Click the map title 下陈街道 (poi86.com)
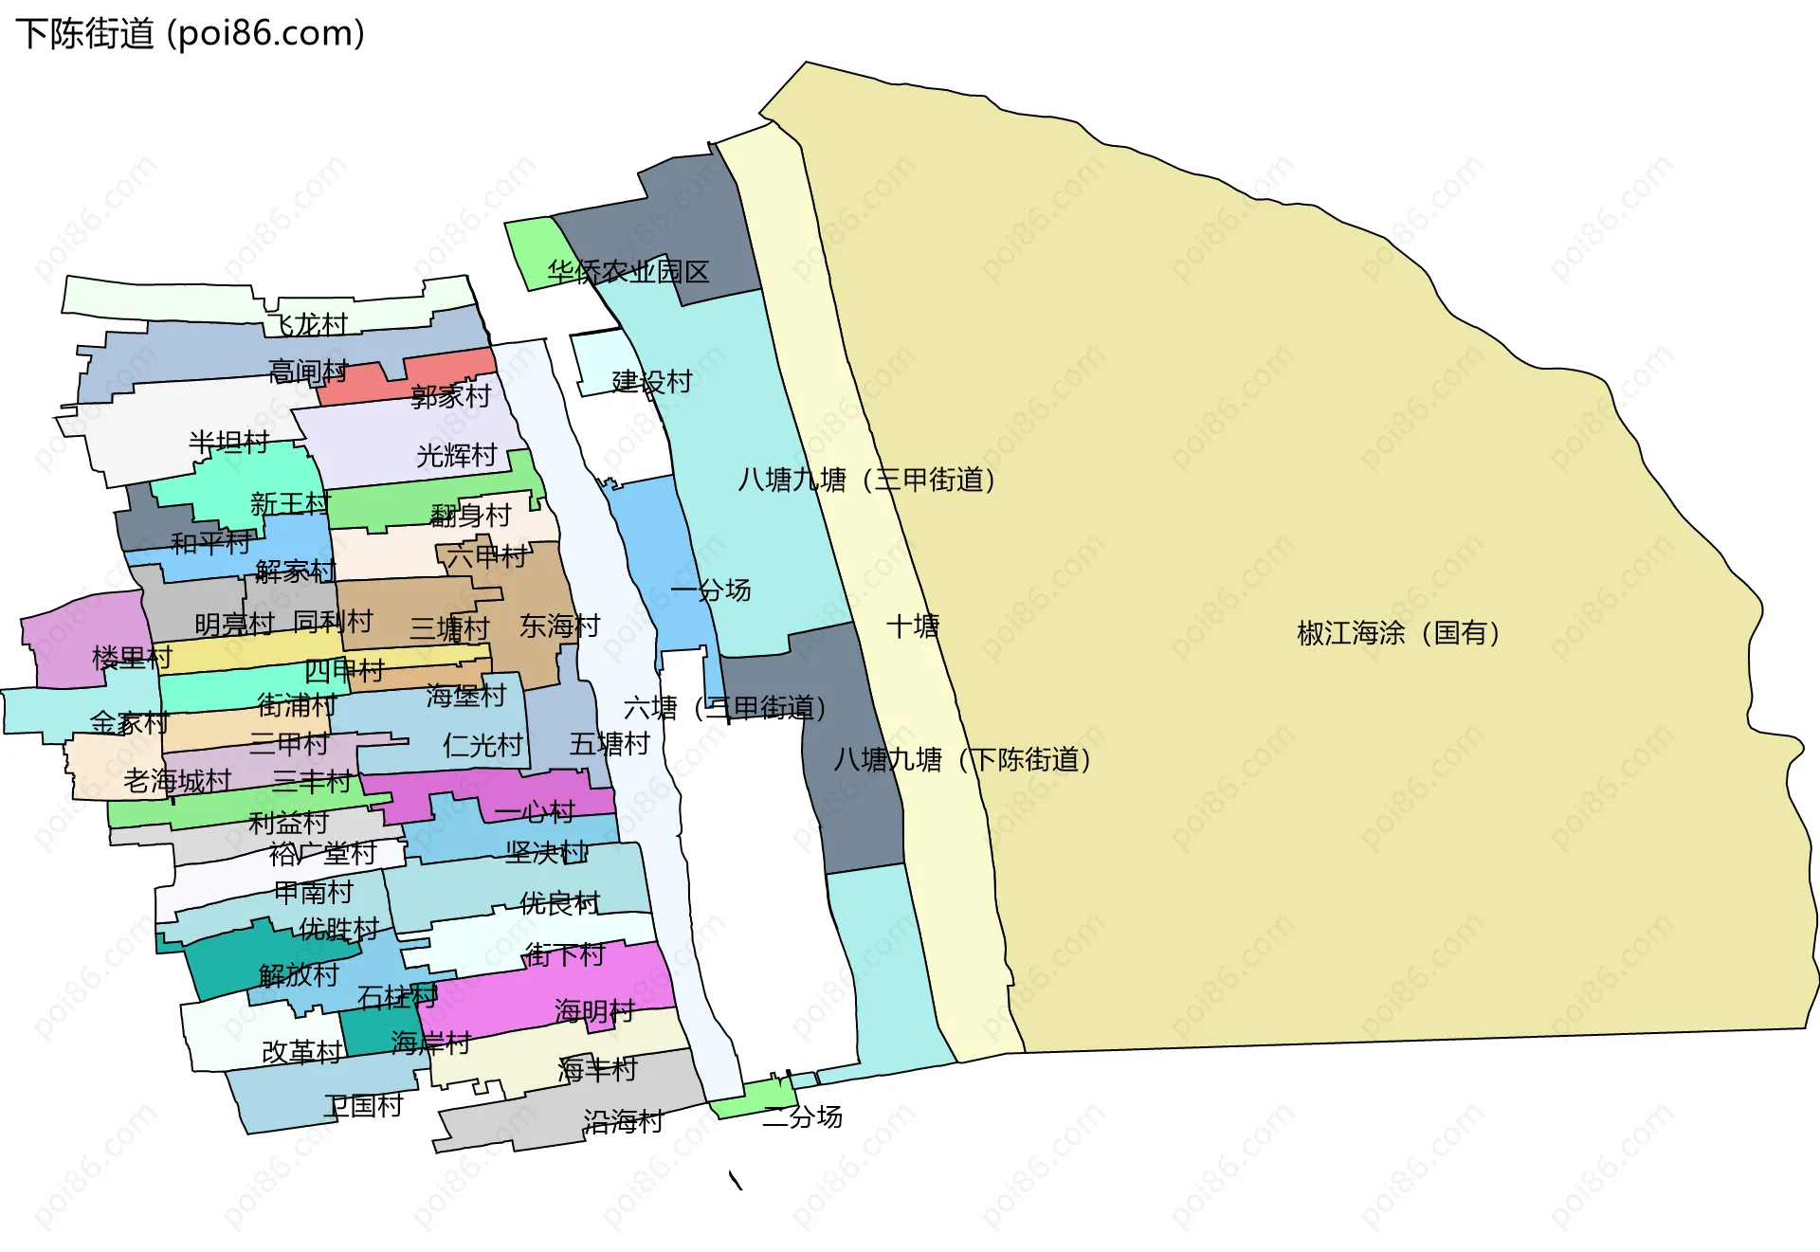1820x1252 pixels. pos(190,34)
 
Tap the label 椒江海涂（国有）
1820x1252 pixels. pos(1397,633)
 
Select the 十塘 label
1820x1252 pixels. pos(912,626)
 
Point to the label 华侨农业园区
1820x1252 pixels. pos(628,273)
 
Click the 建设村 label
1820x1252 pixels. pos(651,382)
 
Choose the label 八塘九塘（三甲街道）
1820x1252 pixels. pos(866,481)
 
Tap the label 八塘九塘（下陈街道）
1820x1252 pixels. pos(961,760)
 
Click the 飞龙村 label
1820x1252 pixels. pos(307,325)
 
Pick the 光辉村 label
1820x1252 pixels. pos(456,456)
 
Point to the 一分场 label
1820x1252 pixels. pos(710,590)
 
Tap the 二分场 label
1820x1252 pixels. pos(802,1117)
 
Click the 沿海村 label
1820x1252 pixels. pos(622,1122)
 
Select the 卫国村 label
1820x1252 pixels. pos(363,1106)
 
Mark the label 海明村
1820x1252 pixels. pos(594,1011)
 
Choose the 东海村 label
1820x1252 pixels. pos(559,626)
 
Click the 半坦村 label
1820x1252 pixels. pos(228,443)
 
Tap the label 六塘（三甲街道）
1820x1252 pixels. pos(724,708)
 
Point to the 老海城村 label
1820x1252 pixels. pos(177,781)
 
